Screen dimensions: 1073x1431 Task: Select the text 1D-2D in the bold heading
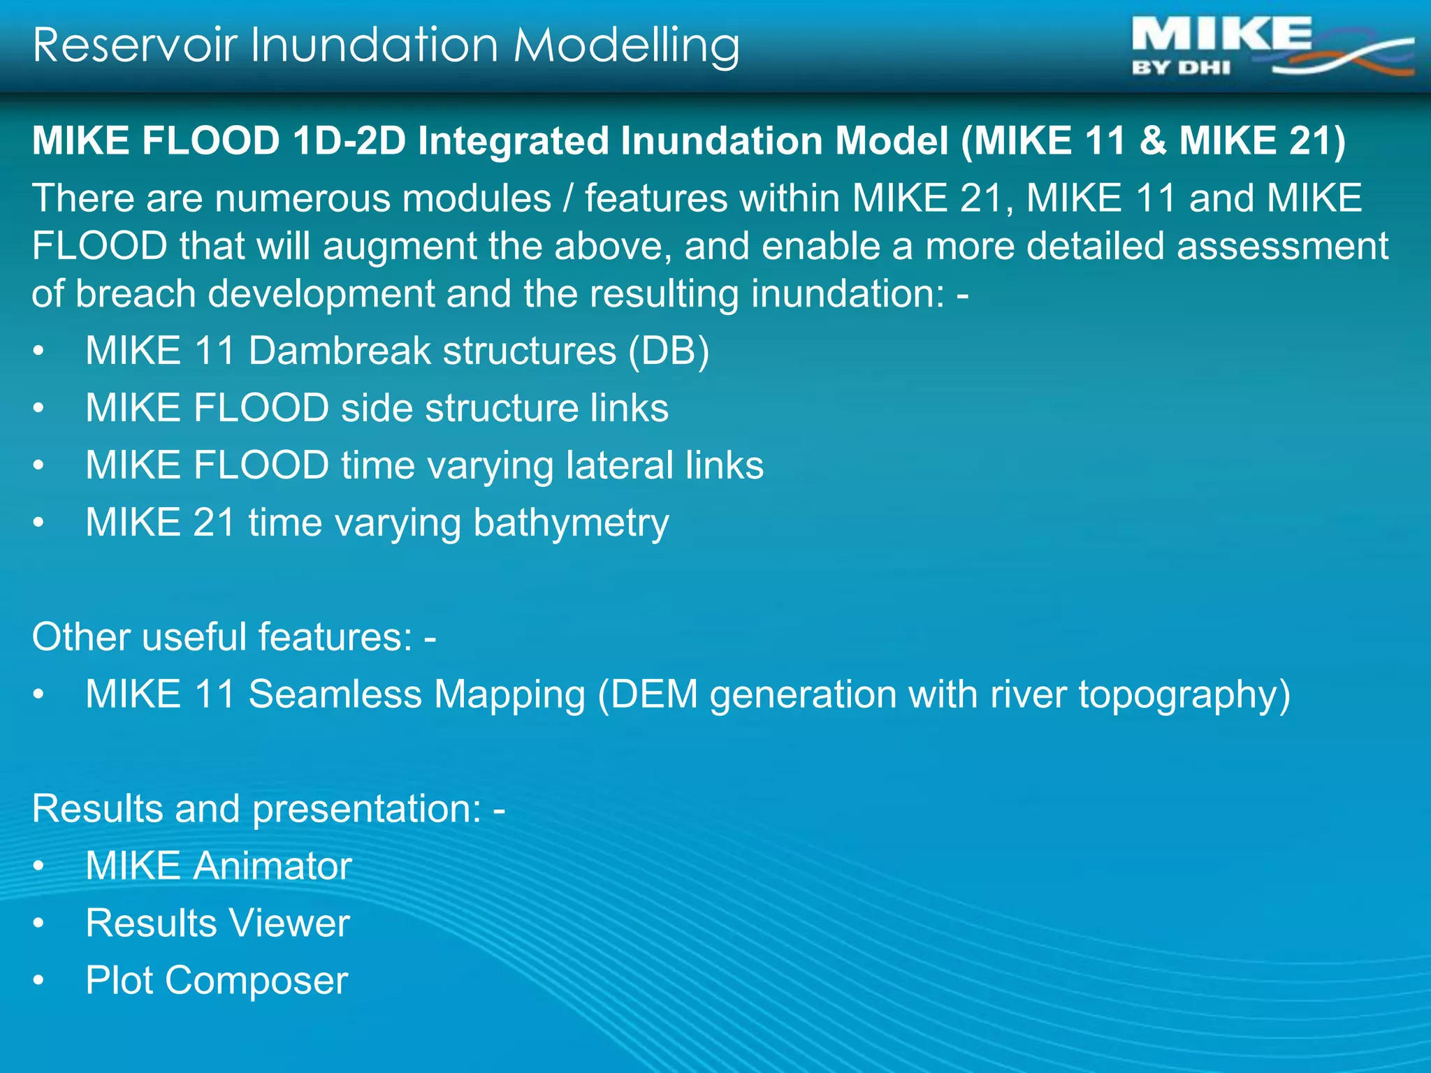click(349, 140)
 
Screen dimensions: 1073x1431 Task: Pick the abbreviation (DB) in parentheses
click(669, 351)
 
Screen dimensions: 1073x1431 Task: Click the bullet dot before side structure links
click(39, 408)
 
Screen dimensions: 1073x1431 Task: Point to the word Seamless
click(335, 694)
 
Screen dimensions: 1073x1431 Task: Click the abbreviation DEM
click(655, 694)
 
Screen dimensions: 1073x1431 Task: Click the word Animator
click(273, 866)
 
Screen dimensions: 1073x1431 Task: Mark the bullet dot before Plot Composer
click(39, 981)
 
